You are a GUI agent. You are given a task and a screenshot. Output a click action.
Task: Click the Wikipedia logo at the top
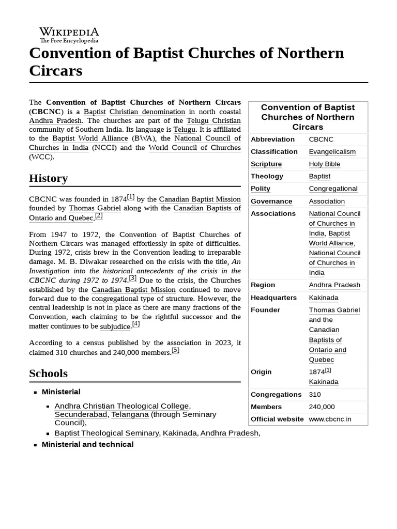click(69, 35)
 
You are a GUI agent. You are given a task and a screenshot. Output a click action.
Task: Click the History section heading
click(49, 178)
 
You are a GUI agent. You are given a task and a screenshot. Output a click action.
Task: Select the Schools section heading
click(48, 373)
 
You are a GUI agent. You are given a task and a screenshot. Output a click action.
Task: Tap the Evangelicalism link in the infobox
click(332, 151)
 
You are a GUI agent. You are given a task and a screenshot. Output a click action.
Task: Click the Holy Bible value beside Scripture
click(324, 164)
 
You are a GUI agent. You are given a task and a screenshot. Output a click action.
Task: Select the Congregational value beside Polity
click(333, 189)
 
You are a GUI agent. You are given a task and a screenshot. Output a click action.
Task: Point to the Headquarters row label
click(273, 298)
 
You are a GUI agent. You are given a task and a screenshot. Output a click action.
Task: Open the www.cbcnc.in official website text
click(330, 419)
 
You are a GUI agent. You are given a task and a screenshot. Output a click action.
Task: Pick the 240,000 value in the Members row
click(322, 407)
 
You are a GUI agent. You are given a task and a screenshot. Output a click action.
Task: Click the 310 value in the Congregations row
click(315, 394)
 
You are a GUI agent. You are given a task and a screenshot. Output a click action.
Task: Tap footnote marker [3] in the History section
click(133, 277)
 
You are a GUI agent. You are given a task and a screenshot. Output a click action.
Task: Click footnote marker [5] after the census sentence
click(175, 350)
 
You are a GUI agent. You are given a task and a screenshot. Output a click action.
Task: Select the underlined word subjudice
click(115, 326)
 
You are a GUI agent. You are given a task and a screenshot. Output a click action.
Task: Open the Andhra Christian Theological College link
click(122, 406)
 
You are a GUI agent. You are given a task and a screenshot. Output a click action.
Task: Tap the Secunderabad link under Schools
click(81, 414)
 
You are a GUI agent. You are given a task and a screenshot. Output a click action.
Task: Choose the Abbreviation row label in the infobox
click(272, 139)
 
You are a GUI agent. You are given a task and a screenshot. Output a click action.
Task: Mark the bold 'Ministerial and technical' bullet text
click(87, 444)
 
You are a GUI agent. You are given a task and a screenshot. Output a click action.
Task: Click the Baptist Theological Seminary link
click(106, 433)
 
